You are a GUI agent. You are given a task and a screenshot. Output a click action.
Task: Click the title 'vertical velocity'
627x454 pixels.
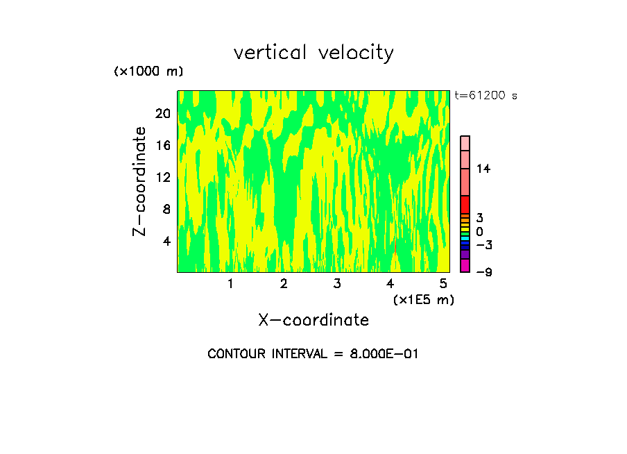coord(313,53)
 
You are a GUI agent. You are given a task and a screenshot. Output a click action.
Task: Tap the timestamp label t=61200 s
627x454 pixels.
coord(486,96)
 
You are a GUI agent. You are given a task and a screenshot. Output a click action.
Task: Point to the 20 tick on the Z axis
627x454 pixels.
coord(162,113)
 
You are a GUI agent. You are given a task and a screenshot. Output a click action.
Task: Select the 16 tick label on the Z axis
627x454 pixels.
coord(162,145)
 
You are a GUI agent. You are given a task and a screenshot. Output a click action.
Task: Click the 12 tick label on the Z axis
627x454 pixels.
coord(162,177)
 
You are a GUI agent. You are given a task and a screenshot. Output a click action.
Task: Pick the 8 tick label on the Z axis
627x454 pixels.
coord(166,209)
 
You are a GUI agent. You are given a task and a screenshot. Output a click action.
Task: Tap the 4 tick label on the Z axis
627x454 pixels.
coord(166,241)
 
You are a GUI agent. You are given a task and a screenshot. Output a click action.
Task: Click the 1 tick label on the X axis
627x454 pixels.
coord(230,283)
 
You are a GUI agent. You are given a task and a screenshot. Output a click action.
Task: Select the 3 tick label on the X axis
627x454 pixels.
coord(336,283)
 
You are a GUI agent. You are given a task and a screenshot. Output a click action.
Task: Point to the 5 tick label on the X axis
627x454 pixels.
coord(443,283)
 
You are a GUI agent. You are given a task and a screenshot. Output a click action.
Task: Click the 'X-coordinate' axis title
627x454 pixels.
coord(313,320)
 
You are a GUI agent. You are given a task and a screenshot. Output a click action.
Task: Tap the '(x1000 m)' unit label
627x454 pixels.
coord(148,72)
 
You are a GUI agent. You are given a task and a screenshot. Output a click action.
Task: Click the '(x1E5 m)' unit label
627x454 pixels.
coord(423,299)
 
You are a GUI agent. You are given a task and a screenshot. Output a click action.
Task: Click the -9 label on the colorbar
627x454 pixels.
coord(483,272)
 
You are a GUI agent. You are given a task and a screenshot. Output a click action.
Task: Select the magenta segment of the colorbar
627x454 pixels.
coord(465,265)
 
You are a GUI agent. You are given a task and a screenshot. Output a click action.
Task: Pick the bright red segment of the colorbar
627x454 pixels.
coord(465,204)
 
